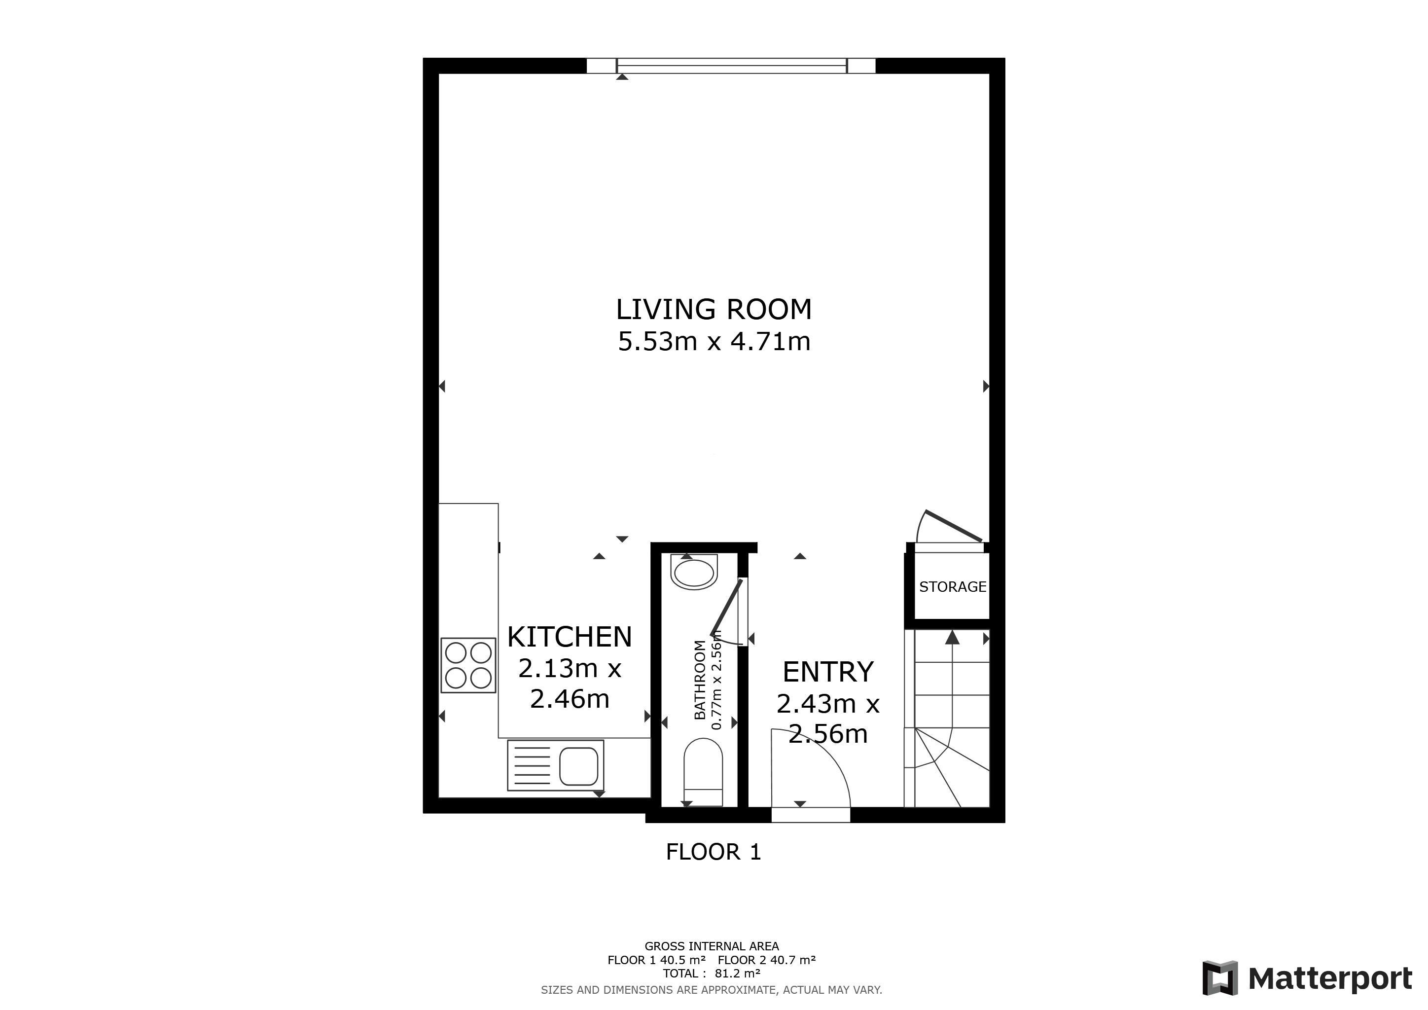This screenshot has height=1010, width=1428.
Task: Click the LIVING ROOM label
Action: pyautogui.click(x=714, y=310)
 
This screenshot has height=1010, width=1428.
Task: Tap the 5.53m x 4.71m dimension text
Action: pyautogui.click(x=714, y=341)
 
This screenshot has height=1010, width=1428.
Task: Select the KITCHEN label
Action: pyautogui.click(x=569, y=637)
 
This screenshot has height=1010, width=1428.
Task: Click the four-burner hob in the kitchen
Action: pyautogui.click(x=468, y=665)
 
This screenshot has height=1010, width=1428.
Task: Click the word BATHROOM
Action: pyautogui.click(x=700, y=680)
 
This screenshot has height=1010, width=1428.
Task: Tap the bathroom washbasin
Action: pyautogui.click(x=694, y=574)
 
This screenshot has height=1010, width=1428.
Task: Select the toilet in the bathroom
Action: pyautogui.click(x=703, y=771)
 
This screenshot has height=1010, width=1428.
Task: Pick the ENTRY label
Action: pyautogui.click(x=828, y=672)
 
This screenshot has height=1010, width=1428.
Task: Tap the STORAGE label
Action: pyautogui.click(x=952, y=586)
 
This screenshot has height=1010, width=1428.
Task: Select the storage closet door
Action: pyautogui.click(x=953, y=526)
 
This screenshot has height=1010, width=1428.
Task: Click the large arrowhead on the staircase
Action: pyautogui.click(x=952, y=638)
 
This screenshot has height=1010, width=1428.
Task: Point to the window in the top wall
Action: pyautogui.click(x=731, y=65)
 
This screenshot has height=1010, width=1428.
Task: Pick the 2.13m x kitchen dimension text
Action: pyautogui.click(x=569, y=669)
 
